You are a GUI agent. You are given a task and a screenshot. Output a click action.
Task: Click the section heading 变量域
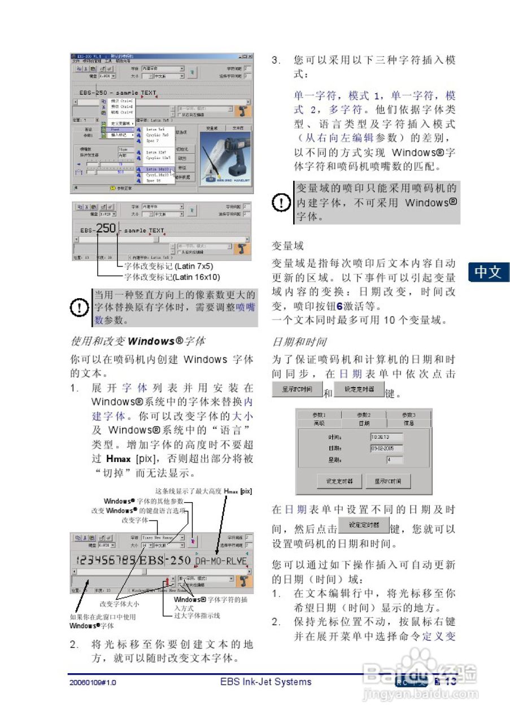pyautogui.click(x=287, y=246)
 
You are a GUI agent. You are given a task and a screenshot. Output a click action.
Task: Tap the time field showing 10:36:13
pyautogui.click(x=387, y=437)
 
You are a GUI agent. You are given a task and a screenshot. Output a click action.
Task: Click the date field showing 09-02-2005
pyautogui.click(x=387, y=448)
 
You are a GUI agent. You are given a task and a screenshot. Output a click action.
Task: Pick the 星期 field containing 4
pyautogui.click(x=387, y=460)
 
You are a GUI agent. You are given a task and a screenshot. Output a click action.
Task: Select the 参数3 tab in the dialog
pyautogui.click(x=409, y=415)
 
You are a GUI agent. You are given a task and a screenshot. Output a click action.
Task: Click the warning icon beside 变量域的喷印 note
pyautogui.click(x=281, y=202)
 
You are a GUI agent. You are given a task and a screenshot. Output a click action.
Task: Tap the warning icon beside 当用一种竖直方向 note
pyautogui.click(x=79, y=308)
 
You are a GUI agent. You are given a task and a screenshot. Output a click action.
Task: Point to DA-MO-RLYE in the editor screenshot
pyautogui.click(x=221, y=561)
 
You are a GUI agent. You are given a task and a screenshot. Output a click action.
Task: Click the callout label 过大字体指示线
pyautogui.click(x=197, y=615)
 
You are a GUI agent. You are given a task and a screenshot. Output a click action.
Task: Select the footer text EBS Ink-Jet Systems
pyautogui.click(x=265, y=682)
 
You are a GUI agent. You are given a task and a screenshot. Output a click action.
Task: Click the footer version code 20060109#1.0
pyautogui.click(x=93, y=682)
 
